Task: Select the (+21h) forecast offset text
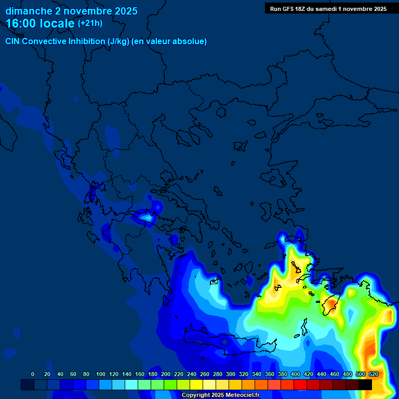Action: (90, 23)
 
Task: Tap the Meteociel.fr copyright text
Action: (220, 395)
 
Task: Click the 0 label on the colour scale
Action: (33, 374)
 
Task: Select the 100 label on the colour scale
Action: (100, 374)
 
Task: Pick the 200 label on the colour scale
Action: (166, 374)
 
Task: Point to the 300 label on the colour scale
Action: (231, 374)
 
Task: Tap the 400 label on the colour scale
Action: (296, 374)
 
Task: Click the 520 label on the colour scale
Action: (374, 374)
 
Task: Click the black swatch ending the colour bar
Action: (365, 384)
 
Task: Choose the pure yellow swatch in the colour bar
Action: (196, 384)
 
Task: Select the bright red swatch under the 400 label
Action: (300, 384)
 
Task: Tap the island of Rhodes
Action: (330, 304)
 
